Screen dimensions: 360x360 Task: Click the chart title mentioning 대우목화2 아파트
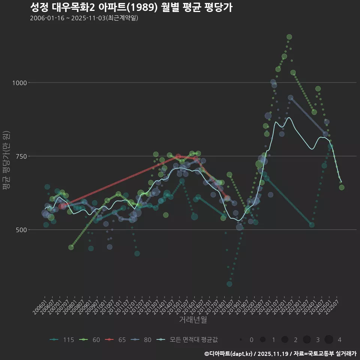click(x=131, y=7)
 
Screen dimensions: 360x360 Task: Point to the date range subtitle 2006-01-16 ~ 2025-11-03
click(x=84, y=18)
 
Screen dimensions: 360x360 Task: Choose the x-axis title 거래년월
click(x=193, y=319)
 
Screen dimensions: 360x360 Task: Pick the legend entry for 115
click(x=62, y=340)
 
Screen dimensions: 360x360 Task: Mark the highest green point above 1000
click(x=289, y=37)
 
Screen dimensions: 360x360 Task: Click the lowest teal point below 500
click(x=229, y=284)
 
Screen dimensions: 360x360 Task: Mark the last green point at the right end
click(x=342, y=187)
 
